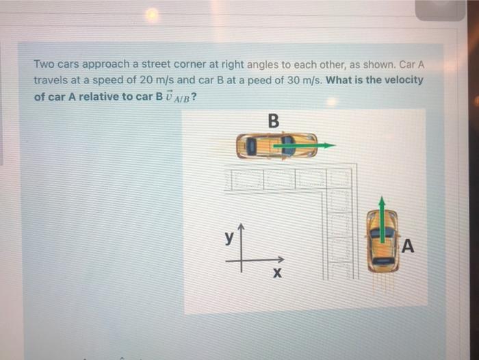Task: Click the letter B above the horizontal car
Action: [x=274, y=121]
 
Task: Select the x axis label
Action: [x=277, y=274]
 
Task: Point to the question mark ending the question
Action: [x=196, y=97]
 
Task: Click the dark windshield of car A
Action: [x=382, y=233]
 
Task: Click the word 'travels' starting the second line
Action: [x=50, y=80]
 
